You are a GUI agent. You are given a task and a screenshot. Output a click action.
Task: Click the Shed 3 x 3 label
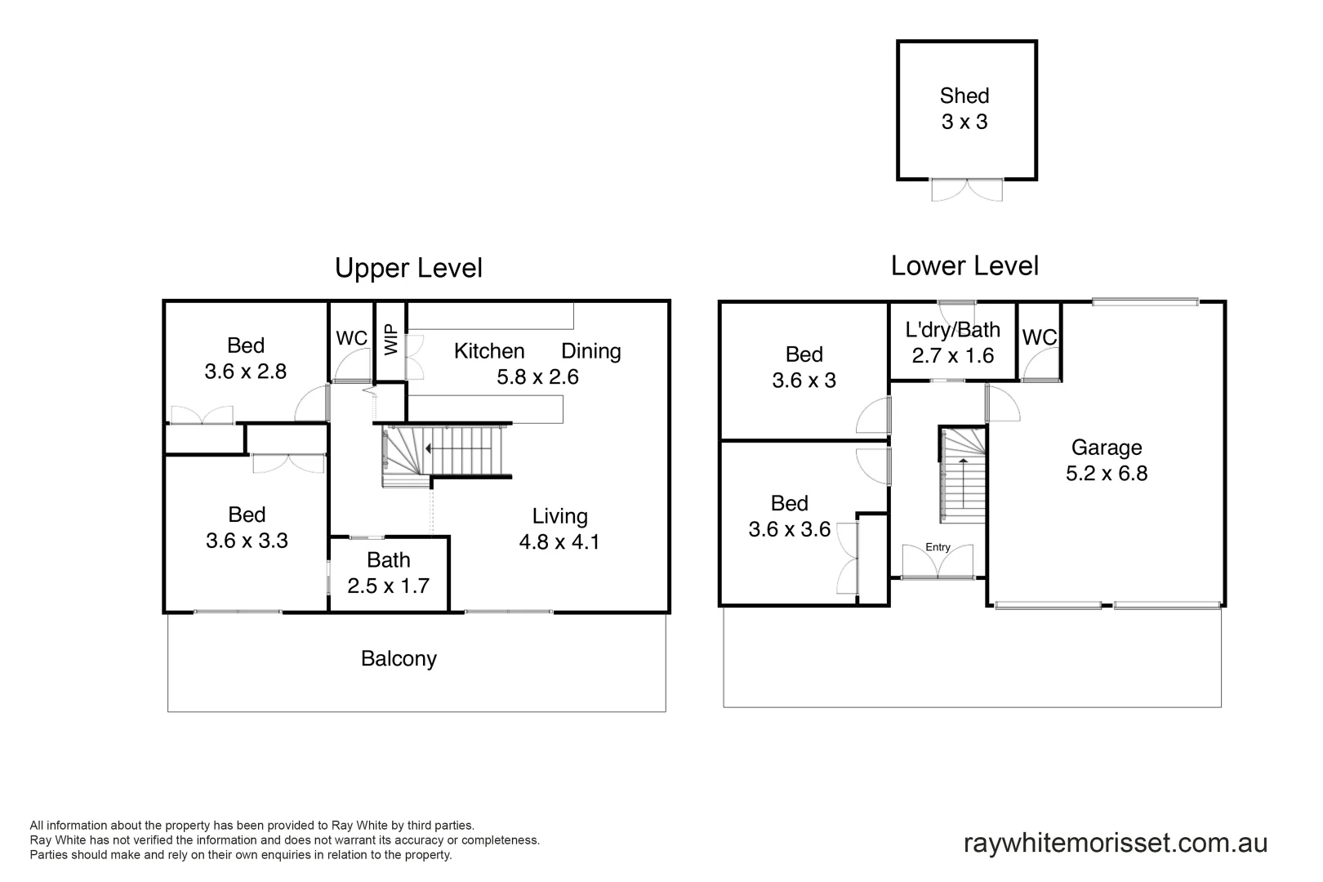tap(964, 109)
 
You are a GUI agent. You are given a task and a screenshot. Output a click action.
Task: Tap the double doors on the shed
tap(967, 189)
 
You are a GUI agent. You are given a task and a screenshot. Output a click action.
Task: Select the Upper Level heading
tap(408, 268)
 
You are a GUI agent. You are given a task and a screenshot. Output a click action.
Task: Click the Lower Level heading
tap(964, 265)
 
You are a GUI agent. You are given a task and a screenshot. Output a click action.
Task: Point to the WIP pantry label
tap(391, 341)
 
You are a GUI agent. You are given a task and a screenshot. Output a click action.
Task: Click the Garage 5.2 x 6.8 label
tap(1107, 461)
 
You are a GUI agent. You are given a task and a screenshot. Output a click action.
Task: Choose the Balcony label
tap(399, 658)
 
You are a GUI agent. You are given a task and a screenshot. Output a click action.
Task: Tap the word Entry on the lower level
tap(938, 547)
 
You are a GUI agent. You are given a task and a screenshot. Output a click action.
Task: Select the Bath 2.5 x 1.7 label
tap(388, 572)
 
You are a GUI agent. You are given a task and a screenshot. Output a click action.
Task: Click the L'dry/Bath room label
tap(952, 342)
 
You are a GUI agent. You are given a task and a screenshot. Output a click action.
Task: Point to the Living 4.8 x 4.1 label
tap(559, 528)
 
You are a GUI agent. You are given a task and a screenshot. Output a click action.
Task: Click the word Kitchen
tap(489, 351)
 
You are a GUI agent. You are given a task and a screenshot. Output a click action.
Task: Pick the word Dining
tap(591, 351)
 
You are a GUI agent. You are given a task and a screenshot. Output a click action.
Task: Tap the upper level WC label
tap(351, 338)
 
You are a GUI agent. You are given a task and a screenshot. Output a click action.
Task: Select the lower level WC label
tap(1039, 337)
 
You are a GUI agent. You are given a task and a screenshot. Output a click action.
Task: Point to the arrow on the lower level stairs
tap(963, 462)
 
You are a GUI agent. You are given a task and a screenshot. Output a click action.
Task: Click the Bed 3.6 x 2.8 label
tap(245, 358)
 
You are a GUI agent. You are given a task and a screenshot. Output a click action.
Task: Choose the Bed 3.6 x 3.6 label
tap(789, 516)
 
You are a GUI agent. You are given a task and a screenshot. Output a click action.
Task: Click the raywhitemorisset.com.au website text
tap(1116, 843)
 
